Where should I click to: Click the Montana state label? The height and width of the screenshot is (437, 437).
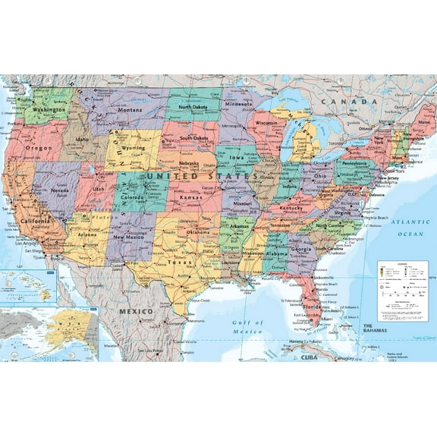(x=130, y=110)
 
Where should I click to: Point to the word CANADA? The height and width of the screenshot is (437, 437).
(x=347, y=102)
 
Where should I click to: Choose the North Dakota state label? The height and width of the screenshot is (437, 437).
(x=192, y=107)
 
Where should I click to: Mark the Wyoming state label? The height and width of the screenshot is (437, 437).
(x=132, y=147)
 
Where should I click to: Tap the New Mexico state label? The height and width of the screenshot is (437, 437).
(x=128, y=237)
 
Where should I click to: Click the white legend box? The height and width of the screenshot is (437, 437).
(x=403, y=291)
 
